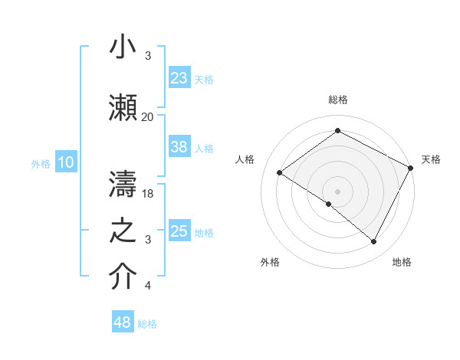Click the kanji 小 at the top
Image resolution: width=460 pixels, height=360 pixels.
pyautogui.click(x=123, y=47)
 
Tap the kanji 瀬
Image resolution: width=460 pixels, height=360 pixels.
pyautogui.click(x=123, y=107)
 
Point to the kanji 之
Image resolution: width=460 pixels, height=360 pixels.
pyautogui.click(x=123, y=231)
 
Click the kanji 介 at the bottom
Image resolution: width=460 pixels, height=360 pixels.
pyautogui.click(x=123, y=277)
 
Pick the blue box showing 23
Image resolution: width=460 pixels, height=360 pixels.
pyautogui.click(x=179, y=78)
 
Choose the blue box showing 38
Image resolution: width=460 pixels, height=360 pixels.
pyautogui.click(x=179, y=148)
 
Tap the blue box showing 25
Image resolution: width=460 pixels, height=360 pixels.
pyautogui.click(x=179, y=232)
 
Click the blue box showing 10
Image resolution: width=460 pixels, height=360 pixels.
pyautogui.click(x=65, y=162)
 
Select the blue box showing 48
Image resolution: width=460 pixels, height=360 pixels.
pyautogui.click(x=123, y=322)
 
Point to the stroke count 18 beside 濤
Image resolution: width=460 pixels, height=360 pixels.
pyautogui.click(x=149, y=194)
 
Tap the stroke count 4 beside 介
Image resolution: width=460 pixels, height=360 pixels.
pyautogui.click(x=147, y=286)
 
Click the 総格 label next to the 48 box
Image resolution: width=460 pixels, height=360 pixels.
pyautogui.click(x=148, y=324)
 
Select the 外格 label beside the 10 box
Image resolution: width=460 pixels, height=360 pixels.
pyautogui.click(x=41, y=163)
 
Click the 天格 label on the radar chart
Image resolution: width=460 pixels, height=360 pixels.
pyautogui.click(x=431, y=159)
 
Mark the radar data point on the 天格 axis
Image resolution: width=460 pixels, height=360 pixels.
pyautogui.click(x=411, y=168)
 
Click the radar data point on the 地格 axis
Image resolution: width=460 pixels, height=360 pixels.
pyautogui.click(x=374, y=242)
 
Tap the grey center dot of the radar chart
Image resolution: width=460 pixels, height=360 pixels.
pyautogui.click(x=337, y=191)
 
